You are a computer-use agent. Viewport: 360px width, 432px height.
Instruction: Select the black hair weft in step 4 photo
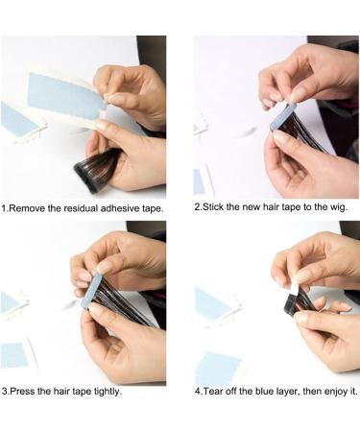[x=298, y=301]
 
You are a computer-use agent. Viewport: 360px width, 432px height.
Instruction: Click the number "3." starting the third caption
[x=5, y=392]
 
